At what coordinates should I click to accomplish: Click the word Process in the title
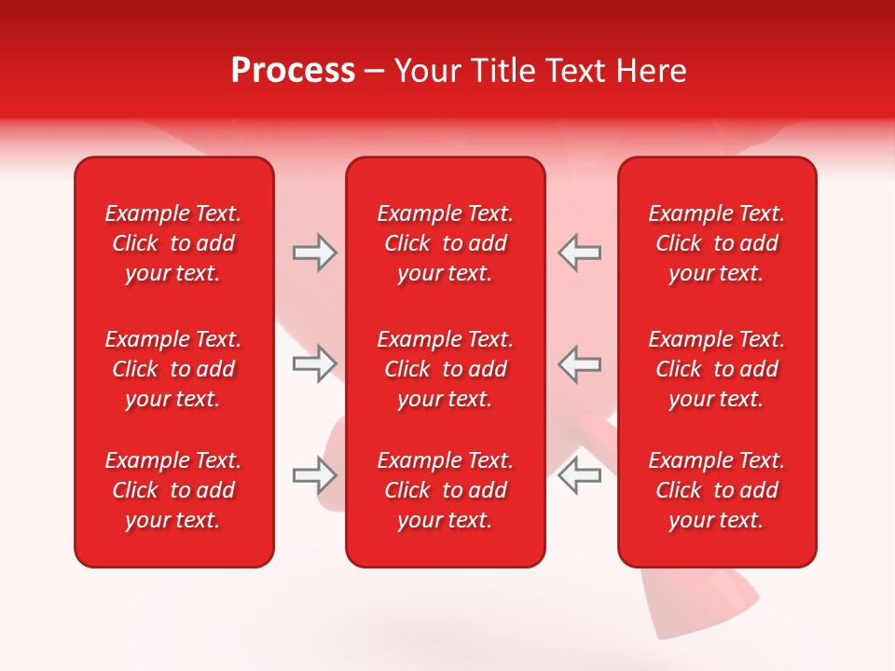[293, 71]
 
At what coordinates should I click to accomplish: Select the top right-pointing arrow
[314, 253]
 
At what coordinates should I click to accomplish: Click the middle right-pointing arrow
[314, 363]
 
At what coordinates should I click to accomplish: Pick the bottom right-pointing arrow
[314, 475]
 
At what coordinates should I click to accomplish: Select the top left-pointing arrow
[579, 253]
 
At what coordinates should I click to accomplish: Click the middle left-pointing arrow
[579, 363]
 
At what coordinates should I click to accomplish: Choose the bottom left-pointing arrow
[579, 475]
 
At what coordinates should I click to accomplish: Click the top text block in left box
[173, 243]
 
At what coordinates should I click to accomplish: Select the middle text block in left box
[173, 369]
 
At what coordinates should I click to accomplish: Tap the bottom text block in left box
[173, 490]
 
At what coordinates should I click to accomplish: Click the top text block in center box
[445, 243]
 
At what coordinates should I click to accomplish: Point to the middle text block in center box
[445, 369]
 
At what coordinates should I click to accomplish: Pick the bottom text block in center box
[445, 490]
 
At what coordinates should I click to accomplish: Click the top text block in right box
[716, 243]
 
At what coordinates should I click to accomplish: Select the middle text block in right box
[716, 369]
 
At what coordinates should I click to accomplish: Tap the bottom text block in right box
[716, 490]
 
